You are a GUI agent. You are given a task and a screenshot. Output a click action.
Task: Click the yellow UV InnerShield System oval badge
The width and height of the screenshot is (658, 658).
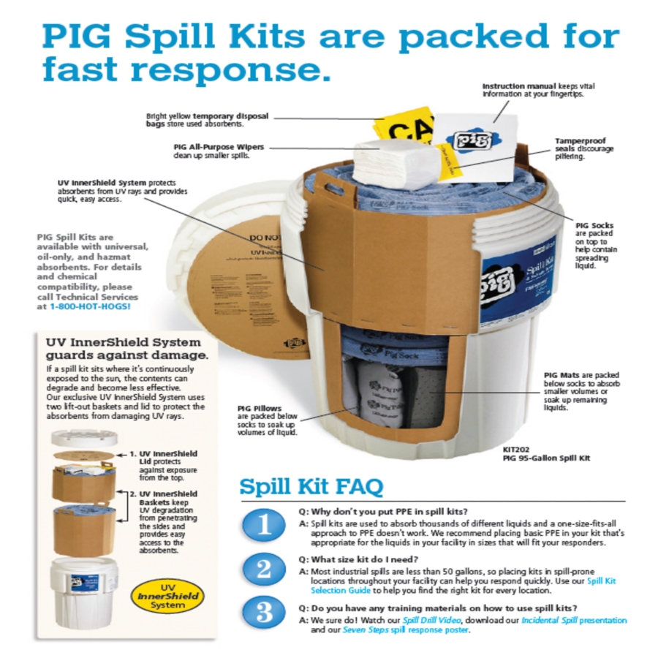(173, 597)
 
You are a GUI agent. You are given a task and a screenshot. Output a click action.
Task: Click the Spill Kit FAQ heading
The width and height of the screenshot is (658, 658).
(311, 486)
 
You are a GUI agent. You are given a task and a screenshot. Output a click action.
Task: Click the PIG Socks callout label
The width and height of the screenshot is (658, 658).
(594, 226)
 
